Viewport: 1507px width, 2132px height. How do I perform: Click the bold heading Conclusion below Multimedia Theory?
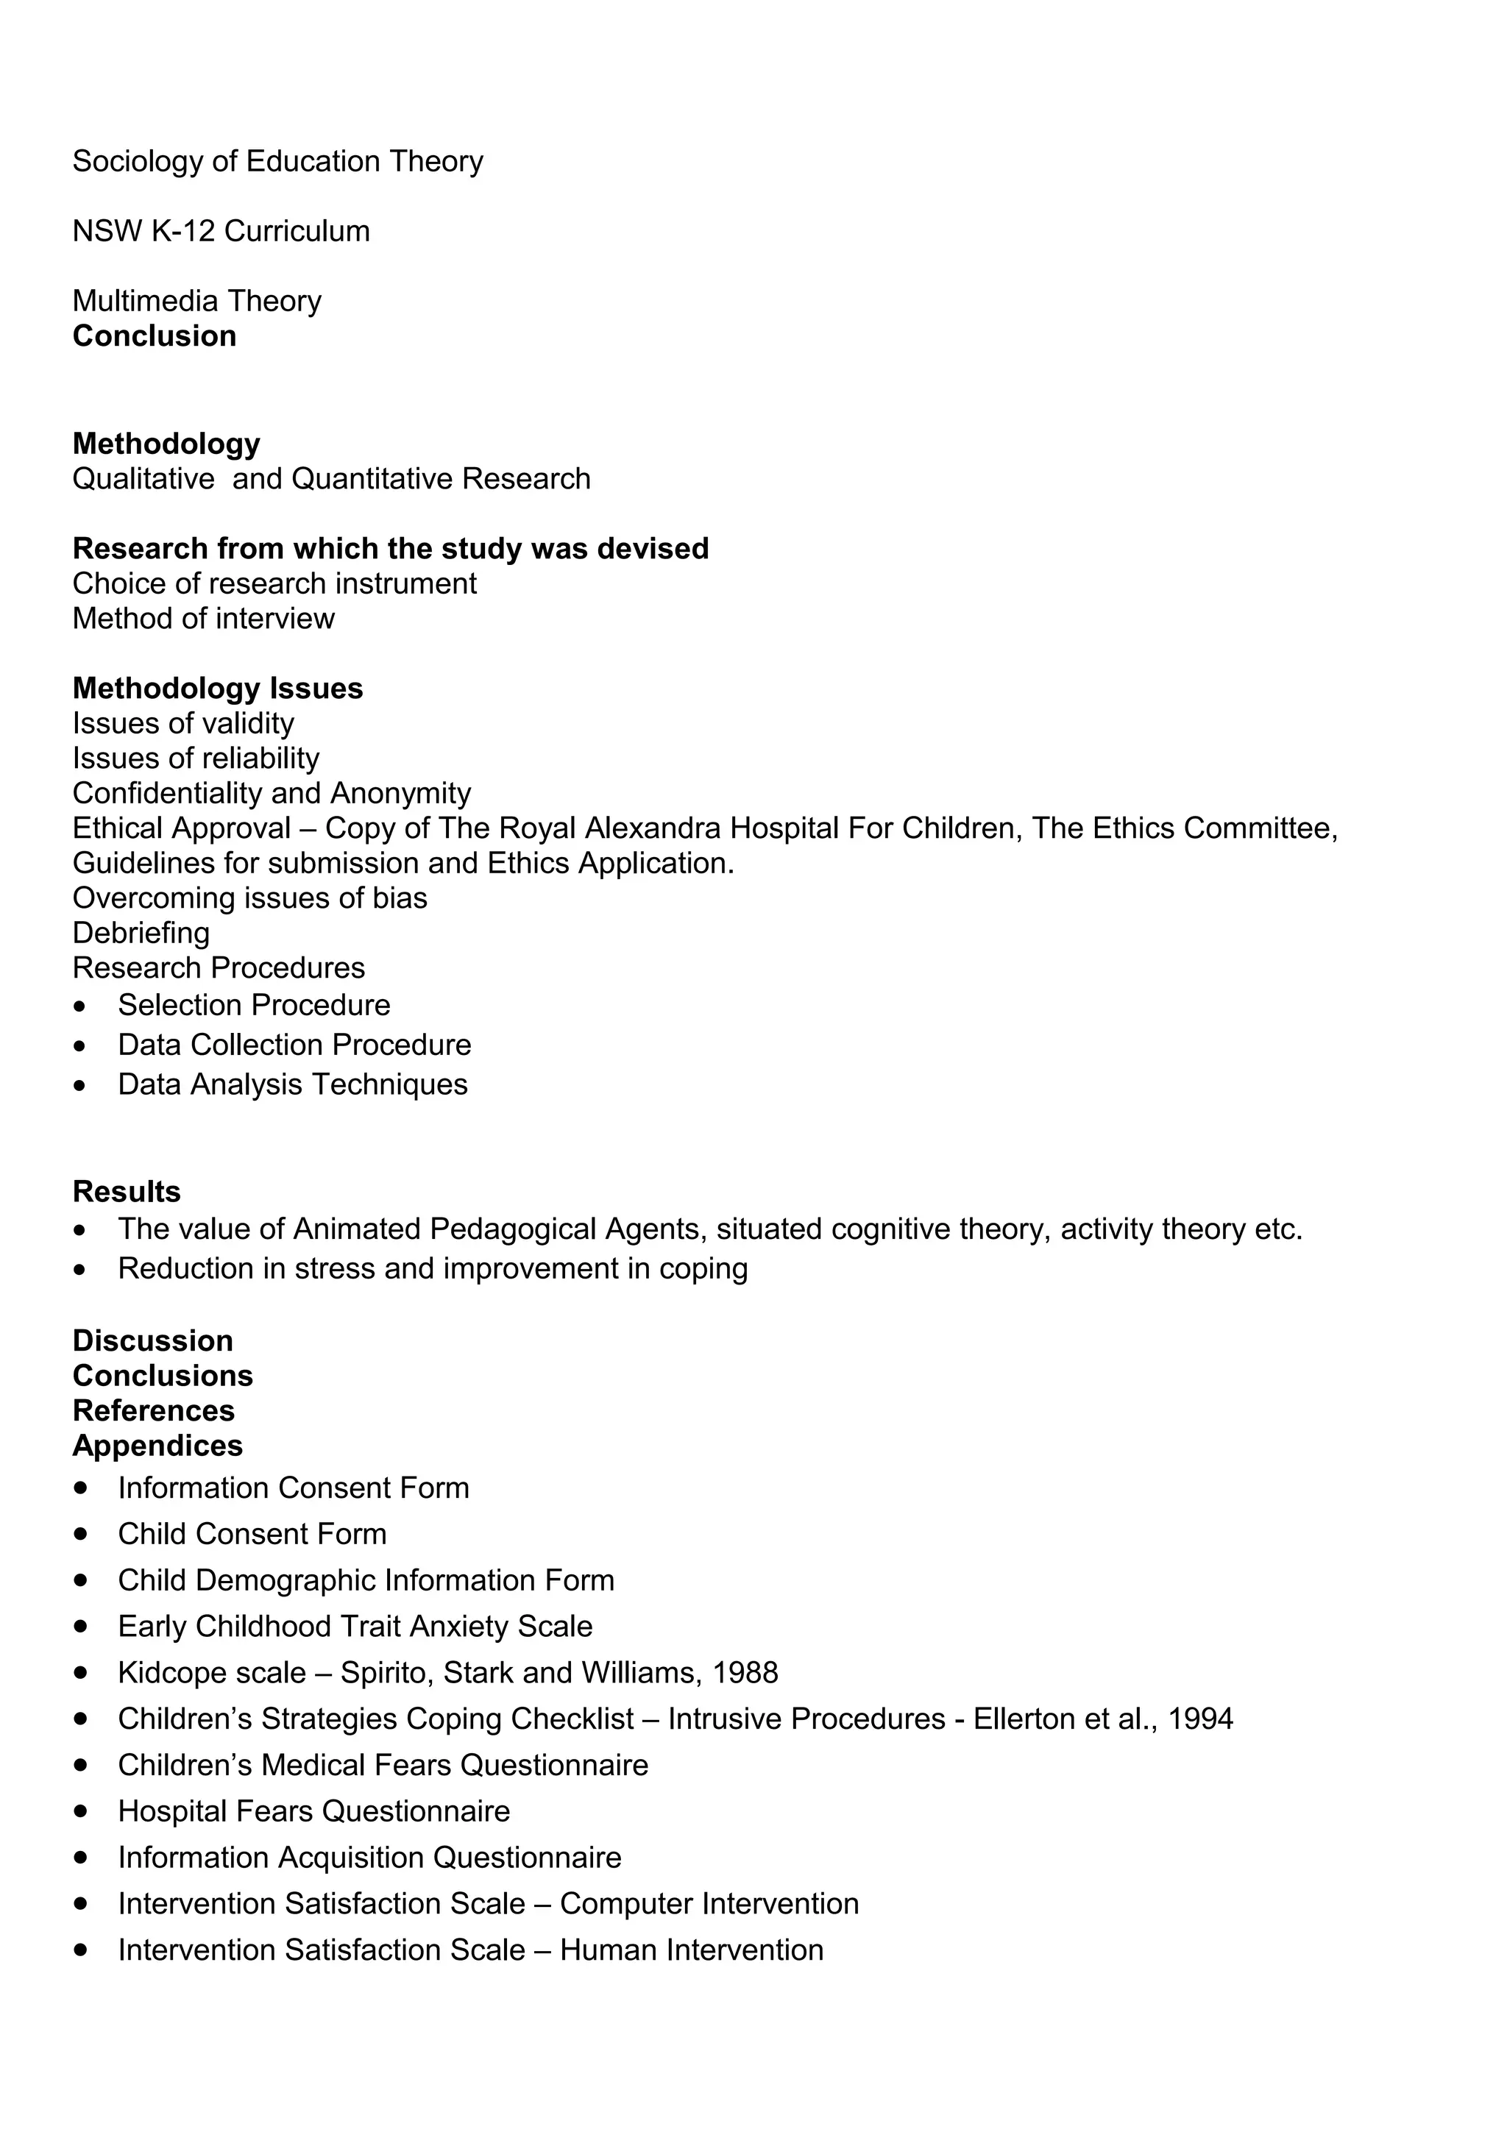(x=154, y=336)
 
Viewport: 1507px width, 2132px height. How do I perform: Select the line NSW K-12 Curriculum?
(x=221, y=231)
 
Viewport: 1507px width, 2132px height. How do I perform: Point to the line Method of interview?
(x=203, y=619)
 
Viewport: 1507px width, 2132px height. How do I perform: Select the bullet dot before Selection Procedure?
(x=82, y=1006)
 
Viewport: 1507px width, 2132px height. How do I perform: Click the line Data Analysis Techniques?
(x=292, y=1084)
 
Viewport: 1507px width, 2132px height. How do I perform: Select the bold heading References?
(x=153, y=1412)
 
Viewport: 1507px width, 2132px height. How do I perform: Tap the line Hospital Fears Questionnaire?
(x=314, y=1812)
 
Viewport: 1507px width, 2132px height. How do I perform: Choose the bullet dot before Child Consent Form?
(x=82, y=1534)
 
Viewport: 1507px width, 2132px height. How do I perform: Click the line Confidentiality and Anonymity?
(x=271, y=794)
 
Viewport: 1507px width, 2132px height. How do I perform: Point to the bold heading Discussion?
(x=152, y=1342)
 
